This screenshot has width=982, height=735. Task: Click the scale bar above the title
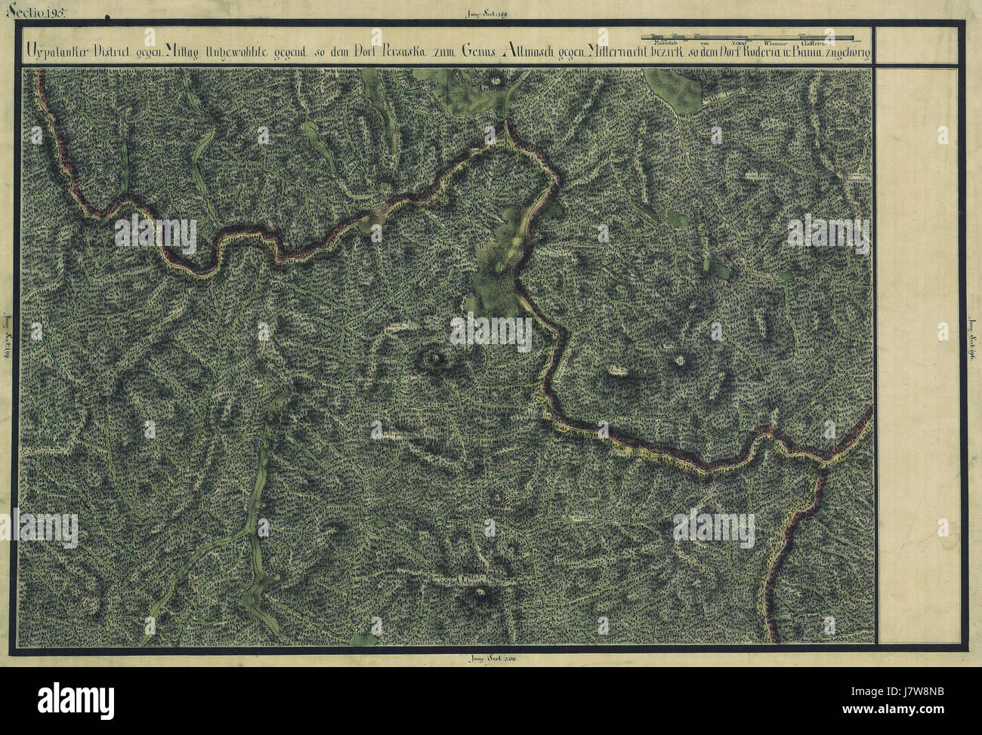[x=748, y=36]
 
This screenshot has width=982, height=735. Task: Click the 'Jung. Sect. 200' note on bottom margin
[x=491, y=659]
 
